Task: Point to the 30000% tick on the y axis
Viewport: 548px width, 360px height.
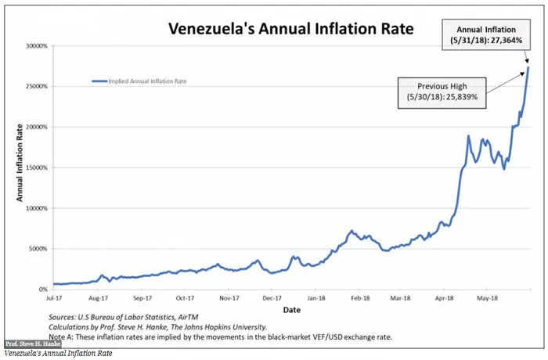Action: (x=36, y=46)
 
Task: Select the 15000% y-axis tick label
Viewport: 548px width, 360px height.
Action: (x=36, y=167)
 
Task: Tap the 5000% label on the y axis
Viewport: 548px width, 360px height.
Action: (x=38, y=249)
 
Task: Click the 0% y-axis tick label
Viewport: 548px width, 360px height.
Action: (x=44, y=290)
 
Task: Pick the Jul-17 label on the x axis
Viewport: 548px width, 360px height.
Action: (x=53, y=298)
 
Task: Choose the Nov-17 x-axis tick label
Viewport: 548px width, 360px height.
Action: (x=229, y=298)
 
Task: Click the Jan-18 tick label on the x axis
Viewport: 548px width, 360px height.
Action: (x=316, y=298)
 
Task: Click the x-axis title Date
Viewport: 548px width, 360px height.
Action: (x=290, y=310)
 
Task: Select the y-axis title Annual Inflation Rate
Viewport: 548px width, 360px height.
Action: (x=20, y=167)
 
